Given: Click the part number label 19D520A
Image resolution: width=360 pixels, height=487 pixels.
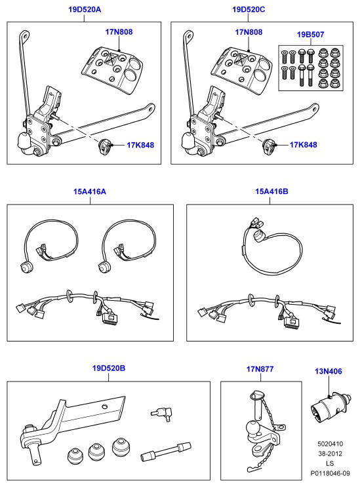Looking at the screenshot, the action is pos(85,10).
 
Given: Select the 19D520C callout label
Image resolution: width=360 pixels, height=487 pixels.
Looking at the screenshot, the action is pos(249,10).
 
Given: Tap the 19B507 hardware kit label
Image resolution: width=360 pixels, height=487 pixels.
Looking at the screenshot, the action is pos(310,35).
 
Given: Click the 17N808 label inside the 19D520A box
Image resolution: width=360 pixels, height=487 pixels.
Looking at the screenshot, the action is pos(119,32).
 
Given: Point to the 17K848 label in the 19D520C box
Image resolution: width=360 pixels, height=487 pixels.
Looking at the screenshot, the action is pos(303,145).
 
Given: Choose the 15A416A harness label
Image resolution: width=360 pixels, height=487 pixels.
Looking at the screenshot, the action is pos(89,191).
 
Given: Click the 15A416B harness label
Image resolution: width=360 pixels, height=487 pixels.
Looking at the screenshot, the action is pos(271,191).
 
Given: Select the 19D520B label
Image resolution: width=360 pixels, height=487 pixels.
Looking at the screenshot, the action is pos(109,368).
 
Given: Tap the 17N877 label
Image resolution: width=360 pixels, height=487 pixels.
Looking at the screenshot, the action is pos(260,369).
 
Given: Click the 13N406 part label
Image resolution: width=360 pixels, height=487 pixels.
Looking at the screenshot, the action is pos(329,371).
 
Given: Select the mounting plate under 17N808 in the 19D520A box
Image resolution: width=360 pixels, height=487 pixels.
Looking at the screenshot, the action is pos(112,69).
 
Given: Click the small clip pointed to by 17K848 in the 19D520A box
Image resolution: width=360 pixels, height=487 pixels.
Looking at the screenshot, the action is pos(104,146).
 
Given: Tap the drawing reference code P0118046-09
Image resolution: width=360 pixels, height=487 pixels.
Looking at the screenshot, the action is pos(330,473).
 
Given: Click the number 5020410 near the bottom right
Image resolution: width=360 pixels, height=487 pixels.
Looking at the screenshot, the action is pos(330,444).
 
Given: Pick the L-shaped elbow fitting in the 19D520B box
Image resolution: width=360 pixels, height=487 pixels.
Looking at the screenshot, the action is pos(161,414).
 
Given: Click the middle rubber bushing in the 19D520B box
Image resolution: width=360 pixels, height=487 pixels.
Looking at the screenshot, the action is pos(96,452).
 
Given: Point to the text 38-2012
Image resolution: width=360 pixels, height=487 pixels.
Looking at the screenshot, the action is pos(330,454).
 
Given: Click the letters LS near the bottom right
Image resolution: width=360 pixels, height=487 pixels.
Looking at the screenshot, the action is pos(330,463).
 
